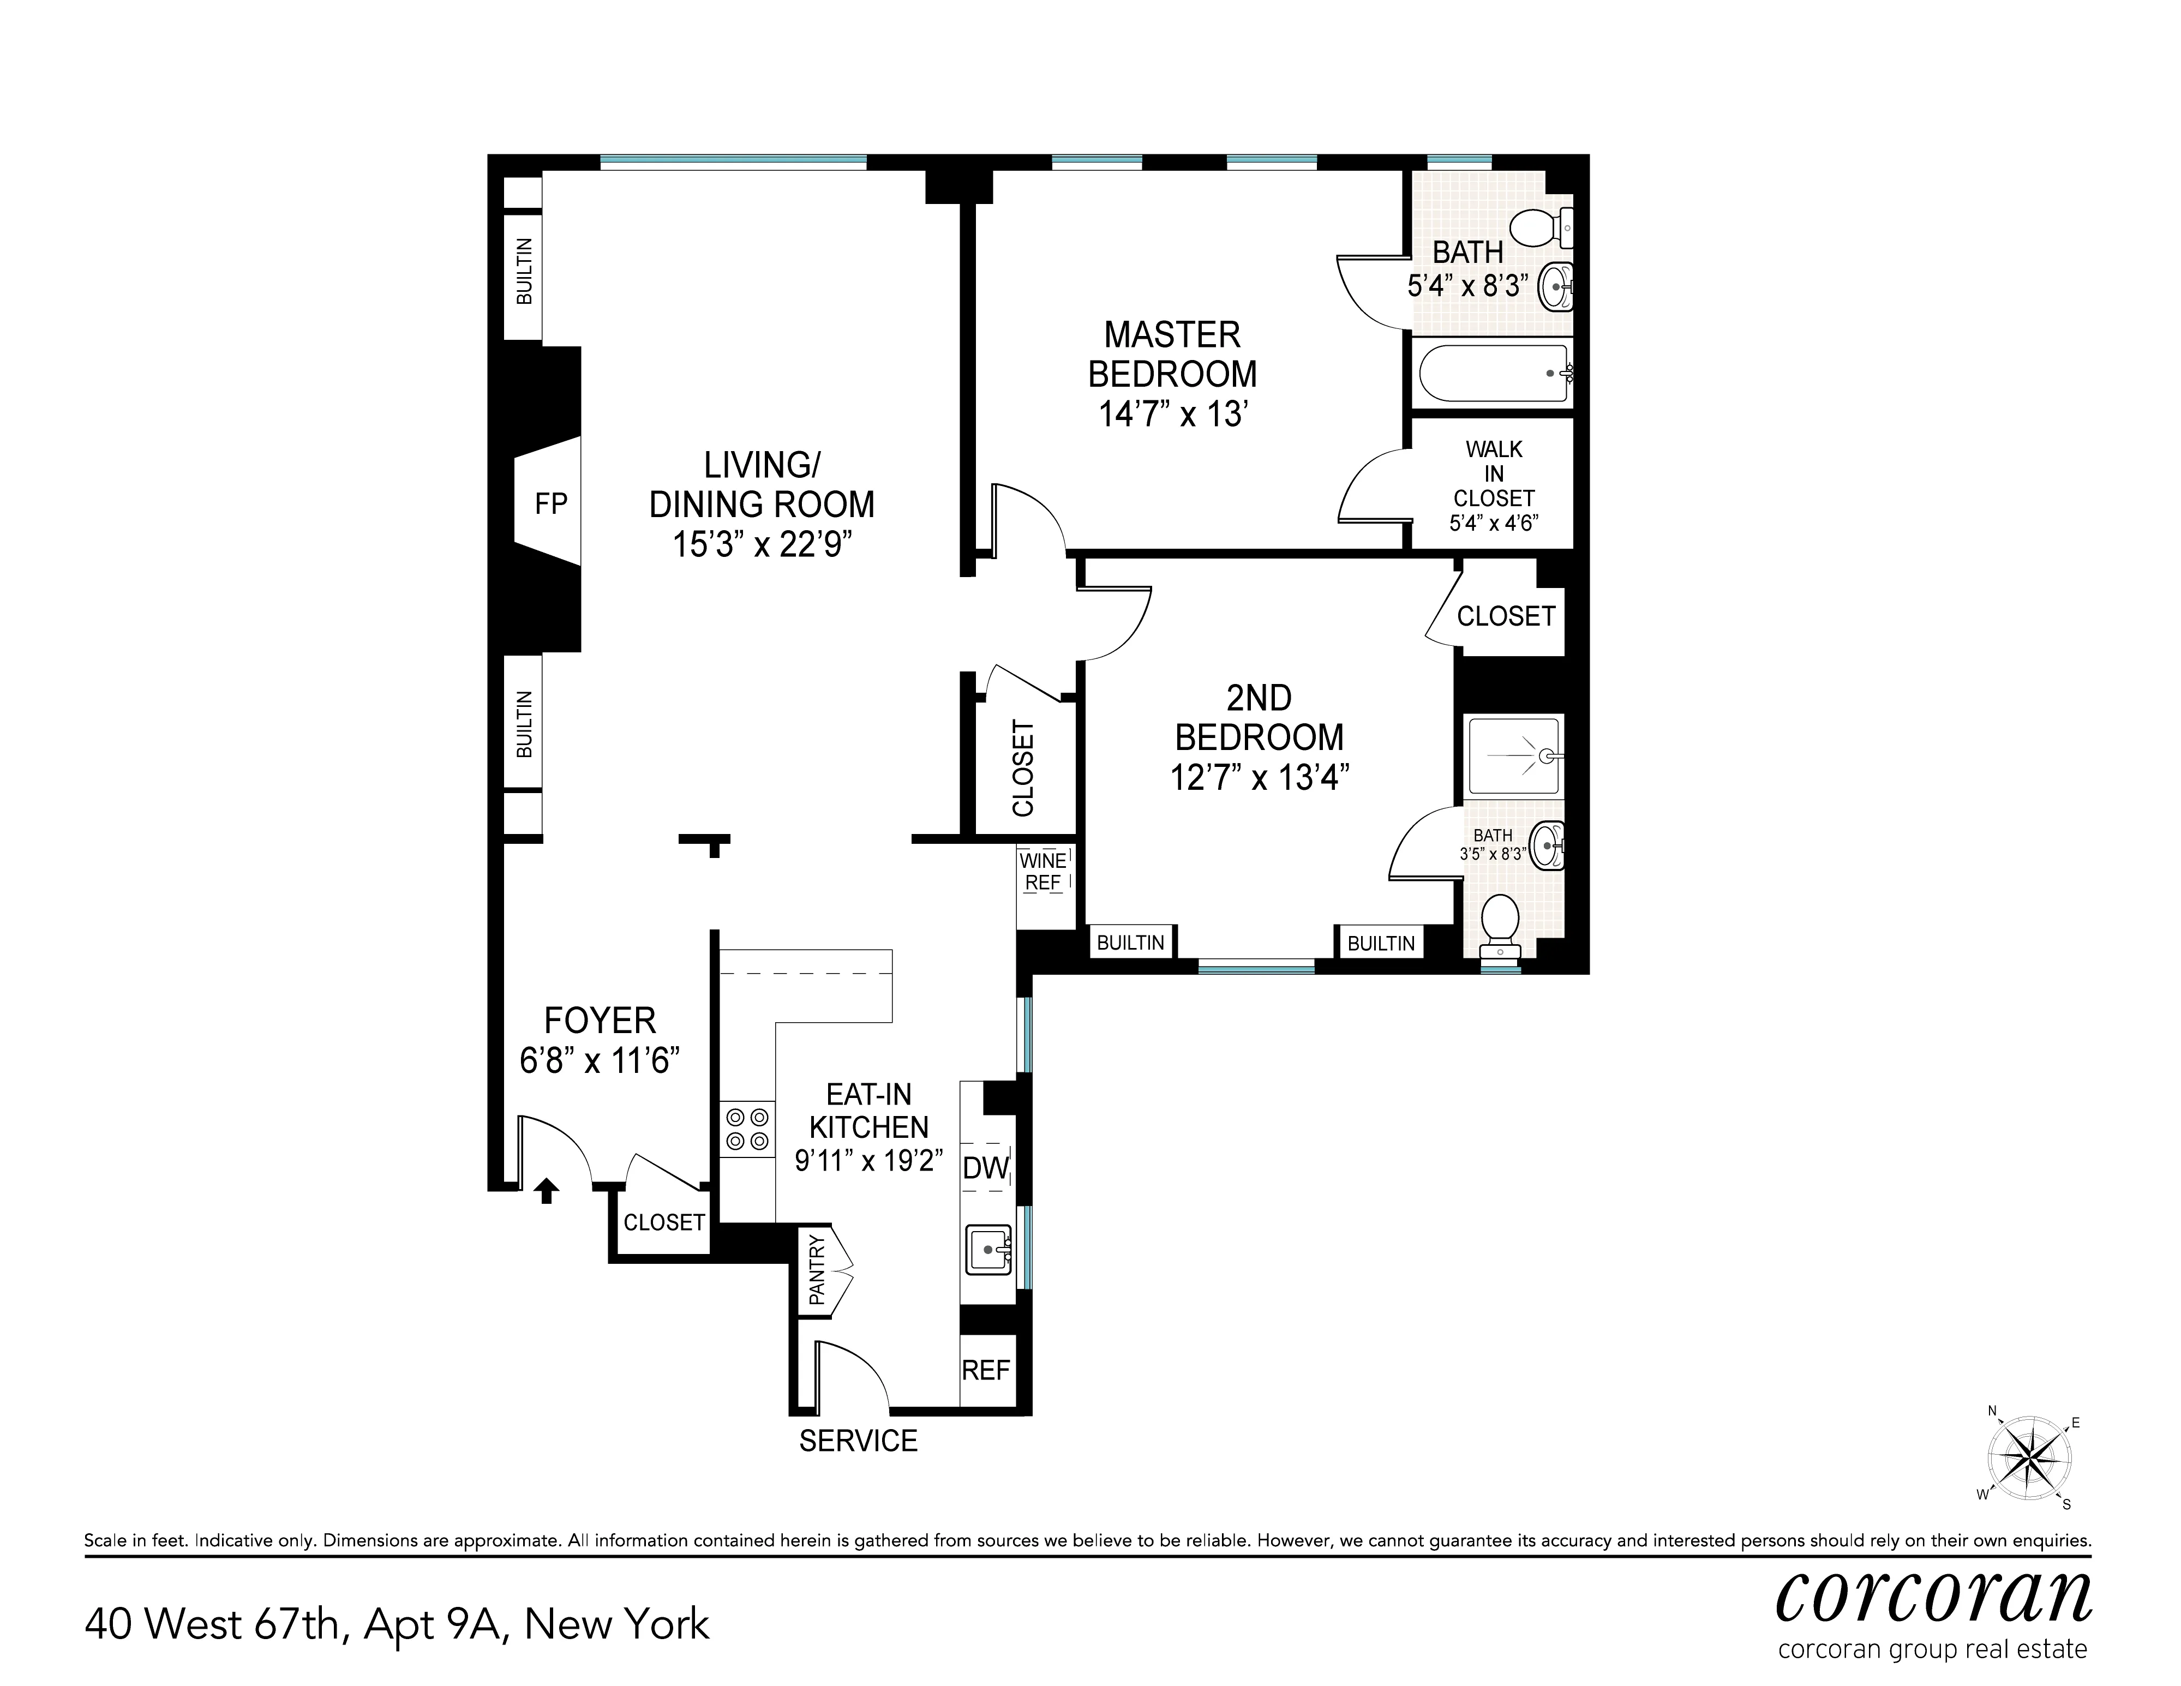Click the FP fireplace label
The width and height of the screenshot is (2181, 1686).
coord(550,504)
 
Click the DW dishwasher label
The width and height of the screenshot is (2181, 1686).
coord(986,1168)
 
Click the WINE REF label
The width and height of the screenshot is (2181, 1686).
coord(1042,872)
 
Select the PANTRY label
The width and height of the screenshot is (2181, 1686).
coord(817,1270)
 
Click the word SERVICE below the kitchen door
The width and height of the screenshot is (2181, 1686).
coord(858,1441)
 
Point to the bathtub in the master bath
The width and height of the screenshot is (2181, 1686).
coord(1493,373)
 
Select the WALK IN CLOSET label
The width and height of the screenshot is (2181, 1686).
coord(1493,474)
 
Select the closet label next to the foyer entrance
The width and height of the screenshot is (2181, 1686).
coord(664,1222)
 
